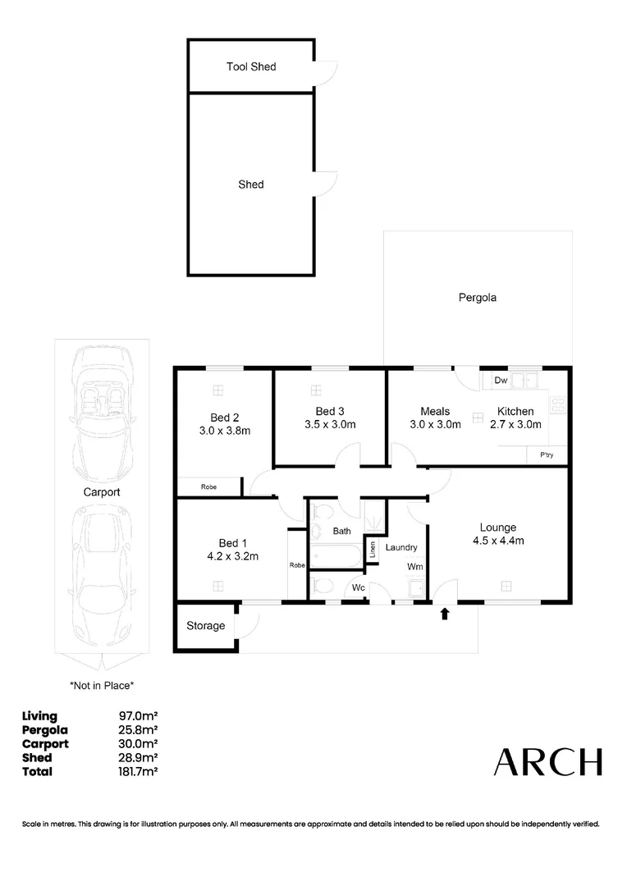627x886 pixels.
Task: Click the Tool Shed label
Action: click(x=251, y=66)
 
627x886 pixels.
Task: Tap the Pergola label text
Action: click(x=477, y=298)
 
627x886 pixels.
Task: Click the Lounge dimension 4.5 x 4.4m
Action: click(x=497, y=541)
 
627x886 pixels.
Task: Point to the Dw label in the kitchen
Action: click(x=499, y=381)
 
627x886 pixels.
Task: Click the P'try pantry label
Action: click(x=545, y=455)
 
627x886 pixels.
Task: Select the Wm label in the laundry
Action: click(x=414, y=566)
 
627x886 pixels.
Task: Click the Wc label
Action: click(x=358, y=587)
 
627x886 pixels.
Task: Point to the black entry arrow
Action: click(x=445, y=613)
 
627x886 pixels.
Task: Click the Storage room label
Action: click(x=205, y=626)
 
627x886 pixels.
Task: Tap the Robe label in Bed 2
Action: click(x=208, y=487)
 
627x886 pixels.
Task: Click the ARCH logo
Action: click(x=547, y=762)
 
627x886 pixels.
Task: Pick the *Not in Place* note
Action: click(x=102, y=684)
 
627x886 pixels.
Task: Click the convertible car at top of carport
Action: click(x=102, y=414)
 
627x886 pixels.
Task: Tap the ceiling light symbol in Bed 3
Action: click(x=315, y=390)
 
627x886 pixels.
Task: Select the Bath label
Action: click(x=341, y=532)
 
